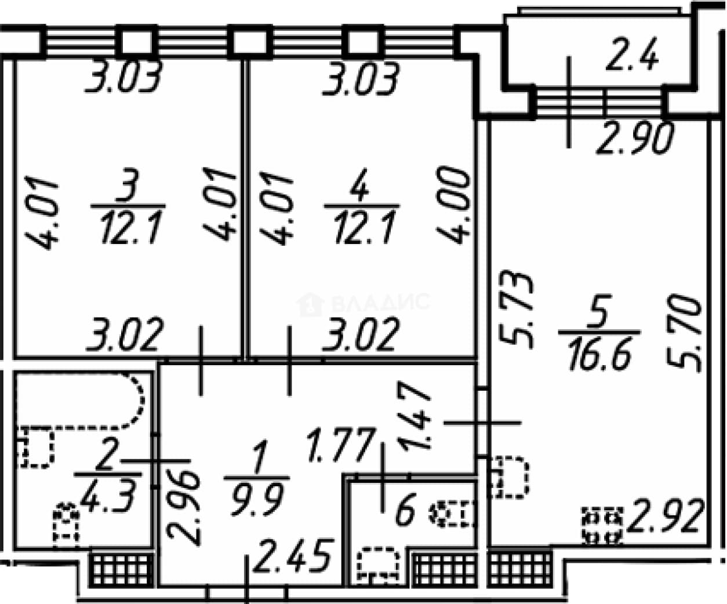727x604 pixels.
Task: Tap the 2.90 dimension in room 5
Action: (x=636, y=139)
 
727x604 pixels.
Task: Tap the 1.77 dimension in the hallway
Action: (x=343, y=445)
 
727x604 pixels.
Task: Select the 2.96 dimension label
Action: (x=183, y=508)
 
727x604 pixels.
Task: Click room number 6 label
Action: (x=405, y=509)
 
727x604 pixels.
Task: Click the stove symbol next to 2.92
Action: (x=602, y=526)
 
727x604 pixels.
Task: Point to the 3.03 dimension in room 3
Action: (x=123, y=78)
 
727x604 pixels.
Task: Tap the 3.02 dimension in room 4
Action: (x=359, y=334)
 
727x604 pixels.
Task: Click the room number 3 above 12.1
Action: (x=128, y=185)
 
